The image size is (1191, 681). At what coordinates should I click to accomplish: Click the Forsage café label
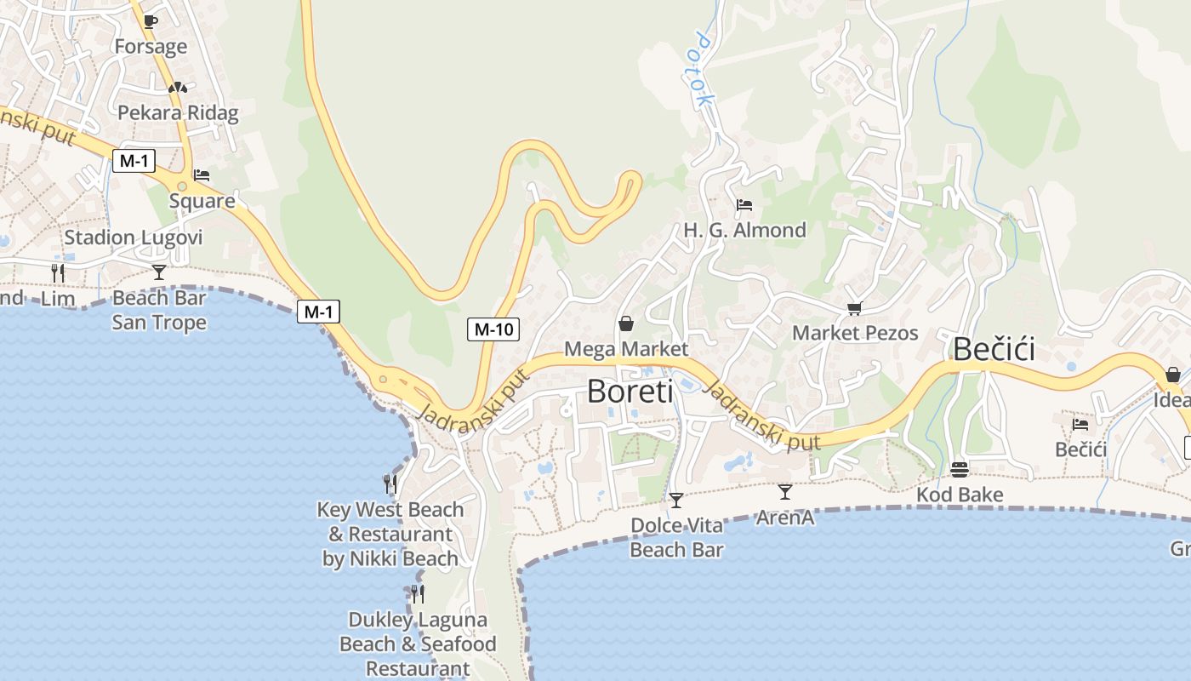tap(151, 46)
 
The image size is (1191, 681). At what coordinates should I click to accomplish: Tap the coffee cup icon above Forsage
tap(151, 21)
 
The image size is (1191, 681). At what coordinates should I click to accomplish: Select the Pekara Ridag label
tap(178, 112)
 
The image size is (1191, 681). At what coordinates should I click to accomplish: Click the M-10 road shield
tap(493, 329)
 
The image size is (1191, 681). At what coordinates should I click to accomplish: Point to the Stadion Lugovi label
tap(134, 237)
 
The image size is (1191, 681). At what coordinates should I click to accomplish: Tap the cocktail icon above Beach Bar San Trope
tap(159, 272)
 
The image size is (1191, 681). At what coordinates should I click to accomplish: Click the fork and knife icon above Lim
tap(58, 272)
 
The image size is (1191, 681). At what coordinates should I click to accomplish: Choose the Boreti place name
tap(630, 392)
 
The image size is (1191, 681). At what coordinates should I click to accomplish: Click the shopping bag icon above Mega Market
tap(626, 323)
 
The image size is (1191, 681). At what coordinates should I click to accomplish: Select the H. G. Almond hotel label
tap(744, 230)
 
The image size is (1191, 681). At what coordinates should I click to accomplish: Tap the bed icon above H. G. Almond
tap(744, 204)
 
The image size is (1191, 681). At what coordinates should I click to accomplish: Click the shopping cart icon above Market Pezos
tap(854, 308)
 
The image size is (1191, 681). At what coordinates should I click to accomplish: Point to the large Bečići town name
tap(994, 349)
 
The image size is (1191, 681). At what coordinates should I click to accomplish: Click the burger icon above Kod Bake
tap(960, 469)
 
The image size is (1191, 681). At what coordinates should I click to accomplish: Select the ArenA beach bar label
tap(784, 517)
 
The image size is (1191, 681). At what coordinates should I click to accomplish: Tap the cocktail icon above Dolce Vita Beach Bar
tap(676, 500)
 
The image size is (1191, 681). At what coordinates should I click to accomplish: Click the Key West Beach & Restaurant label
tap(390, 534)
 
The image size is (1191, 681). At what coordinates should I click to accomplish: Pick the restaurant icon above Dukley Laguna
tap(417, 593)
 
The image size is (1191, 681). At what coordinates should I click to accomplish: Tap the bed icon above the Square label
tap(202, 175)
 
